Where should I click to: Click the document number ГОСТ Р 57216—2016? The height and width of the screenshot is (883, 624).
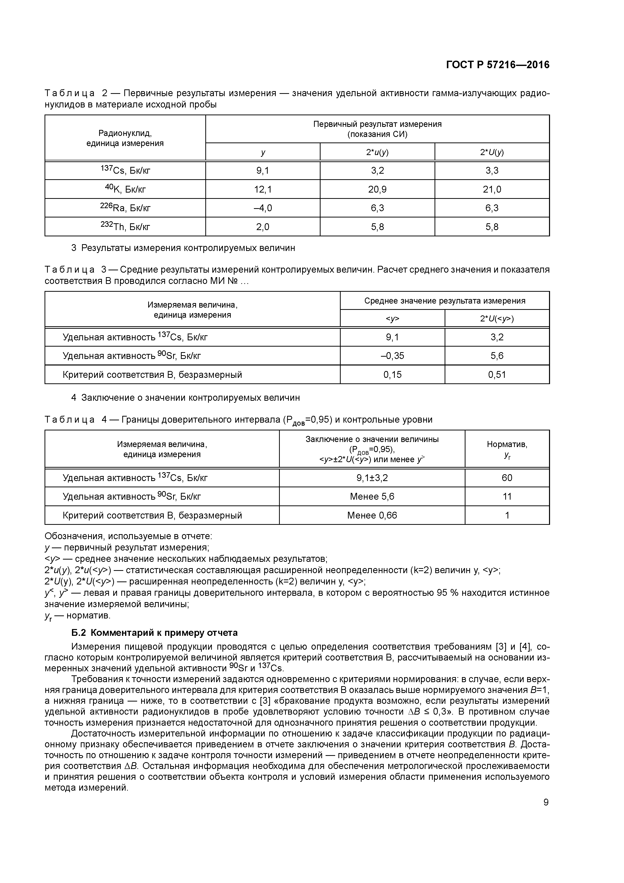(497, 65)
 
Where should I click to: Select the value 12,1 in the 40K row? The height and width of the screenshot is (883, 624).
(263, 189)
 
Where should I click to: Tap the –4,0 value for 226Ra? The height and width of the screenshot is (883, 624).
(263, 208)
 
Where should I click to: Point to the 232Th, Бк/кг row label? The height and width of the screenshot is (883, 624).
(125, 227)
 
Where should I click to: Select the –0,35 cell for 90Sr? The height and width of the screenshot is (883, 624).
(392, 356)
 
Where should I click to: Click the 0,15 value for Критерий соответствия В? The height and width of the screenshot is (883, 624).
(392, 375)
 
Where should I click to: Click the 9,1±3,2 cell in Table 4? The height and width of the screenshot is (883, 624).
(372, 478)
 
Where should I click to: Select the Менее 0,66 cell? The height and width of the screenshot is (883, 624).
(372, 515)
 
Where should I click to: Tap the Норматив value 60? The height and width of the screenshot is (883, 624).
(507, 478)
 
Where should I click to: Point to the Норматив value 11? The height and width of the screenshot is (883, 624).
(507, 496)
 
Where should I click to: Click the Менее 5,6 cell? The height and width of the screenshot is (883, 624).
(372, 496)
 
